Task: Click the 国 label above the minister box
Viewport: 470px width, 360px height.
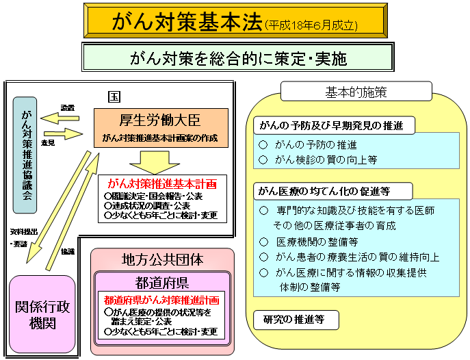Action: pyautogui.click(x=115, y=93)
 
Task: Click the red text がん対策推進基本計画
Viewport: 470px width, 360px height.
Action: pyautogui.click(x=161, y=183)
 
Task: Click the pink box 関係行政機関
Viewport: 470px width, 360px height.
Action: pyautogui.click(x=42, y=315)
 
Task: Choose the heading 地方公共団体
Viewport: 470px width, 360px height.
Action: pyautogui.click(x=163, y=260)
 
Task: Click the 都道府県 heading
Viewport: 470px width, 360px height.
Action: pyautogui.click(x=163, y=282)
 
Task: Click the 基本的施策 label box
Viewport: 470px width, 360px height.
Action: pyautogui.click(x=356, y=91)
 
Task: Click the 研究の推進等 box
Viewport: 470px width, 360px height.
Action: pyautogui.click(x=289, y=319)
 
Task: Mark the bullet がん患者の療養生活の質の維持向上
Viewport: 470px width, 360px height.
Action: pyautogui.click(x=349, y=257)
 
